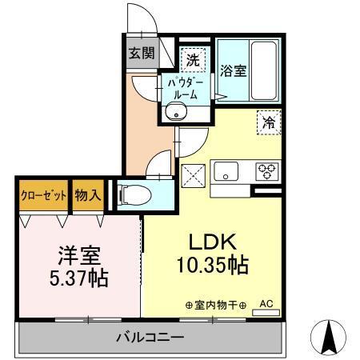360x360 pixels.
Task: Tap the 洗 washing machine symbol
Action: coord(193,58)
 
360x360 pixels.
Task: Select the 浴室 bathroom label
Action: coord(234,70)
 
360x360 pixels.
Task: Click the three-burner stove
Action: coord(266,170)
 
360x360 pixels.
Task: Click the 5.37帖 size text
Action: coord(77,280)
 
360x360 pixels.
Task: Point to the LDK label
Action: coord(210,242)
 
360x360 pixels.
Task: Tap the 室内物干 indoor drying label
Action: coord(214,305)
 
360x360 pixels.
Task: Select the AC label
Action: coord(266,303)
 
